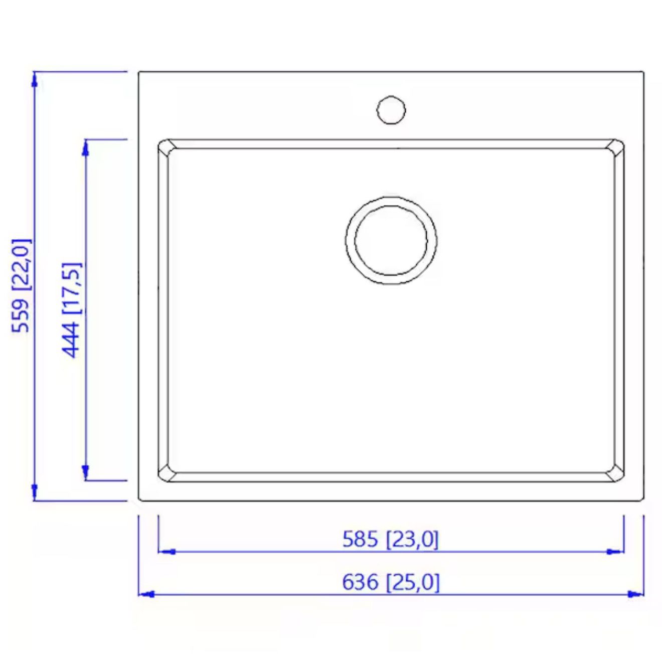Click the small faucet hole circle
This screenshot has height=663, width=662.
(x=391, y=110)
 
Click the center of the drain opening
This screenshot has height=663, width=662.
(x=391, y=240)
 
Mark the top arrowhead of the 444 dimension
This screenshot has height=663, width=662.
(x=85, y=147)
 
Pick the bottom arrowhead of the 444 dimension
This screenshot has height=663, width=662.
(x=85, y=472)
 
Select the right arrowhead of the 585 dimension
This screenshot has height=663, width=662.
(x=615, y=551)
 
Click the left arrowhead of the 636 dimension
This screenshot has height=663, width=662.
(x=146, y=594)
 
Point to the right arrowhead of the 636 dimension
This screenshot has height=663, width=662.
(x=635, y=594)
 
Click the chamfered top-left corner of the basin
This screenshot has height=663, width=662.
(x=165, y=146)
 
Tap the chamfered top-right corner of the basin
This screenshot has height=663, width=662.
(x=616, y=146)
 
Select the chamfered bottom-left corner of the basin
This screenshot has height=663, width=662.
(x=165, y=474)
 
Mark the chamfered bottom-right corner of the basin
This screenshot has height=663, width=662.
(x=616, y=474)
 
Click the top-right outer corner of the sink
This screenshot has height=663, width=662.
(x=643, y=72)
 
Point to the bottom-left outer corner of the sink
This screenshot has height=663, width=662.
(x=139, y=500)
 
